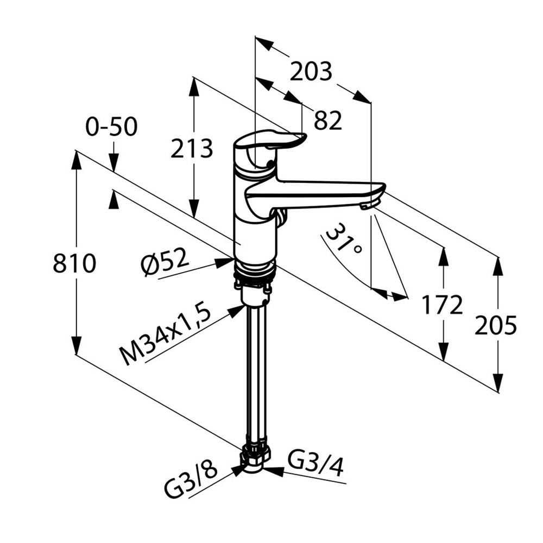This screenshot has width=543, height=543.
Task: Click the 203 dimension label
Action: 311,72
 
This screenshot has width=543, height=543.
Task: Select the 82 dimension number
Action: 328,121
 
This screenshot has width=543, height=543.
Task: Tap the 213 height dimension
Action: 192,148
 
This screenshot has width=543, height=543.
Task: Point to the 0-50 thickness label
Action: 111,127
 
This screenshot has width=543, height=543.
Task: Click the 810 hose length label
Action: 74,263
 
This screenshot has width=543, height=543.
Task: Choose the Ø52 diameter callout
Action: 165,262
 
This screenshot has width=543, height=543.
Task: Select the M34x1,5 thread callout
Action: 165,336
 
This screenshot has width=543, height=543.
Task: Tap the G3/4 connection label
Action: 315,464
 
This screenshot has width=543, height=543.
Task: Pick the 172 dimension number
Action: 442,305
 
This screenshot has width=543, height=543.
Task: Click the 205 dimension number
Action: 496,325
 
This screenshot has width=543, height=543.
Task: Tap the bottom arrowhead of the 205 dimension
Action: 498,383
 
